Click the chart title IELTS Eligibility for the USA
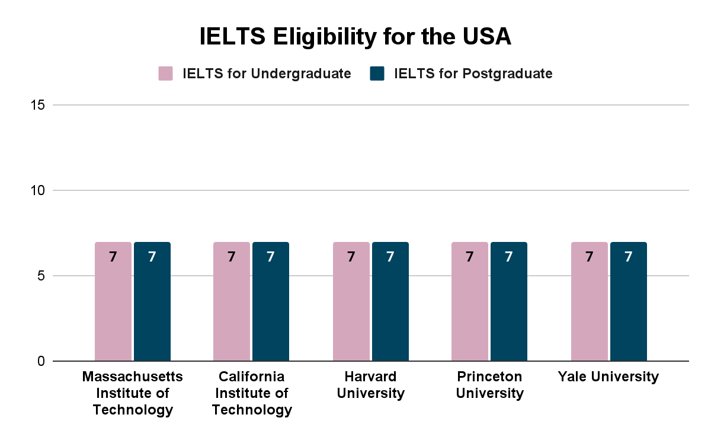tap(355, 37)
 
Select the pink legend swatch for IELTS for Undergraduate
tap(165, 74)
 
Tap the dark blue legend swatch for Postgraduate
tap(377, 74)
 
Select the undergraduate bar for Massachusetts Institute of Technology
tap(113, 302)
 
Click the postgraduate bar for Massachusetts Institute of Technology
tap(152, 302)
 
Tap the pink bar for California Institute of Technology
tap(232, 302)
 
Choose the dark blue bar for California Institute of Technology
tap(271, 302)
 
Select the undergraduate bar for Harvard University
tap(351, 302)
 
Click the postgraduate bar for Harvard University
tap(390, 302)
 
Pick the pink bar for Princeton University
tap(470, 302)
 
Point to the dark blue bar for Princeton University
tap(509, 302)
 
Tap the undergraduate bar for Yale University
tap(589, 302)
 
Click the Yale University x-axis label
tap(608, 377)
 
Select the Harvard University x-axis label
tap(370, 385)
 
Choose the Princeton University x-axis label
tap(489, 385)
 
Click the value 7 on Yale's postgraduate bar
tap(628, 257)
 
